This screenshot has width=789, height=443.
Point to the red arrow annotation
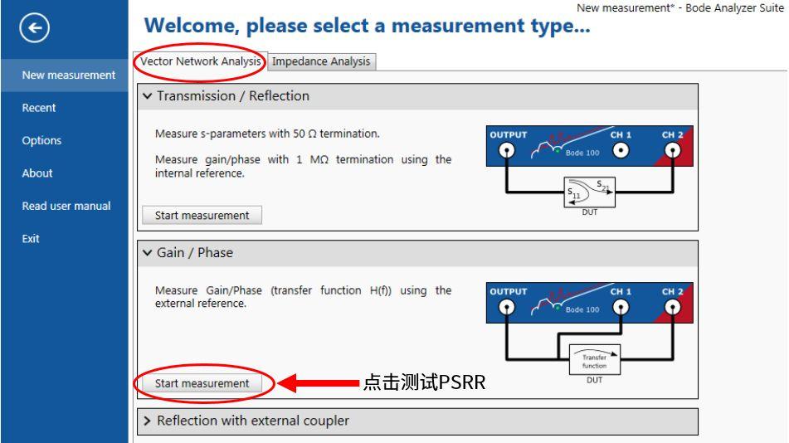tap(319, 383)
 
